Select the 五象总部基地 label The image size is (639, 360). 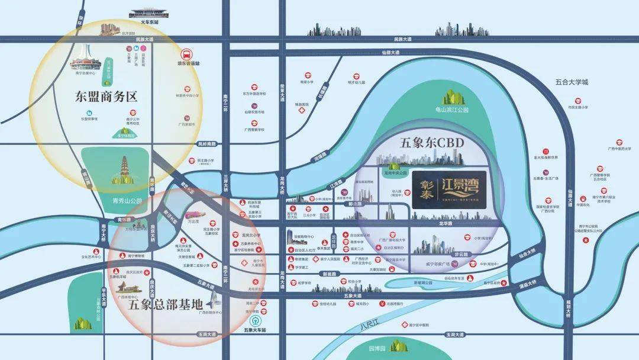(165, 304)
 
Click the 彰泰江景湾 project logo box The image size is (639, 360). (449, 189)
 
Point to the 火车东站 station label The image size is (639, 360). (150, 22)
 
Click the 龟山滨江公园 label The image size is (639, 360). (451, 110)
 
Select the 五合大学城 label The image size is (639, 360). (572, 82)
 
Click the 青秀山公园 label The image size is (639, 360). (127, 201)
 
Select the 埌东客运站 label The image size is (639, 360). (189, 63)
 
